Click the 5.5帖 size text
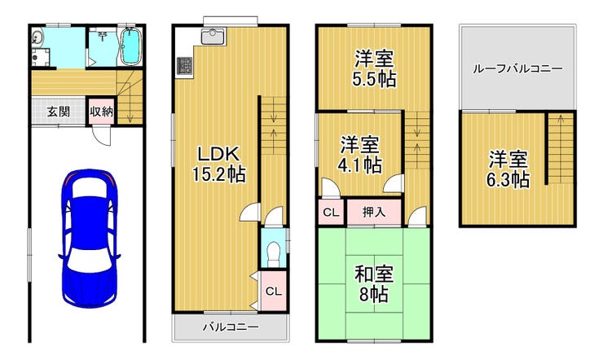374,81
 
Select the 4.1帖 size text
360,165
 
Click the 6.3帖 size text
508,179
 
